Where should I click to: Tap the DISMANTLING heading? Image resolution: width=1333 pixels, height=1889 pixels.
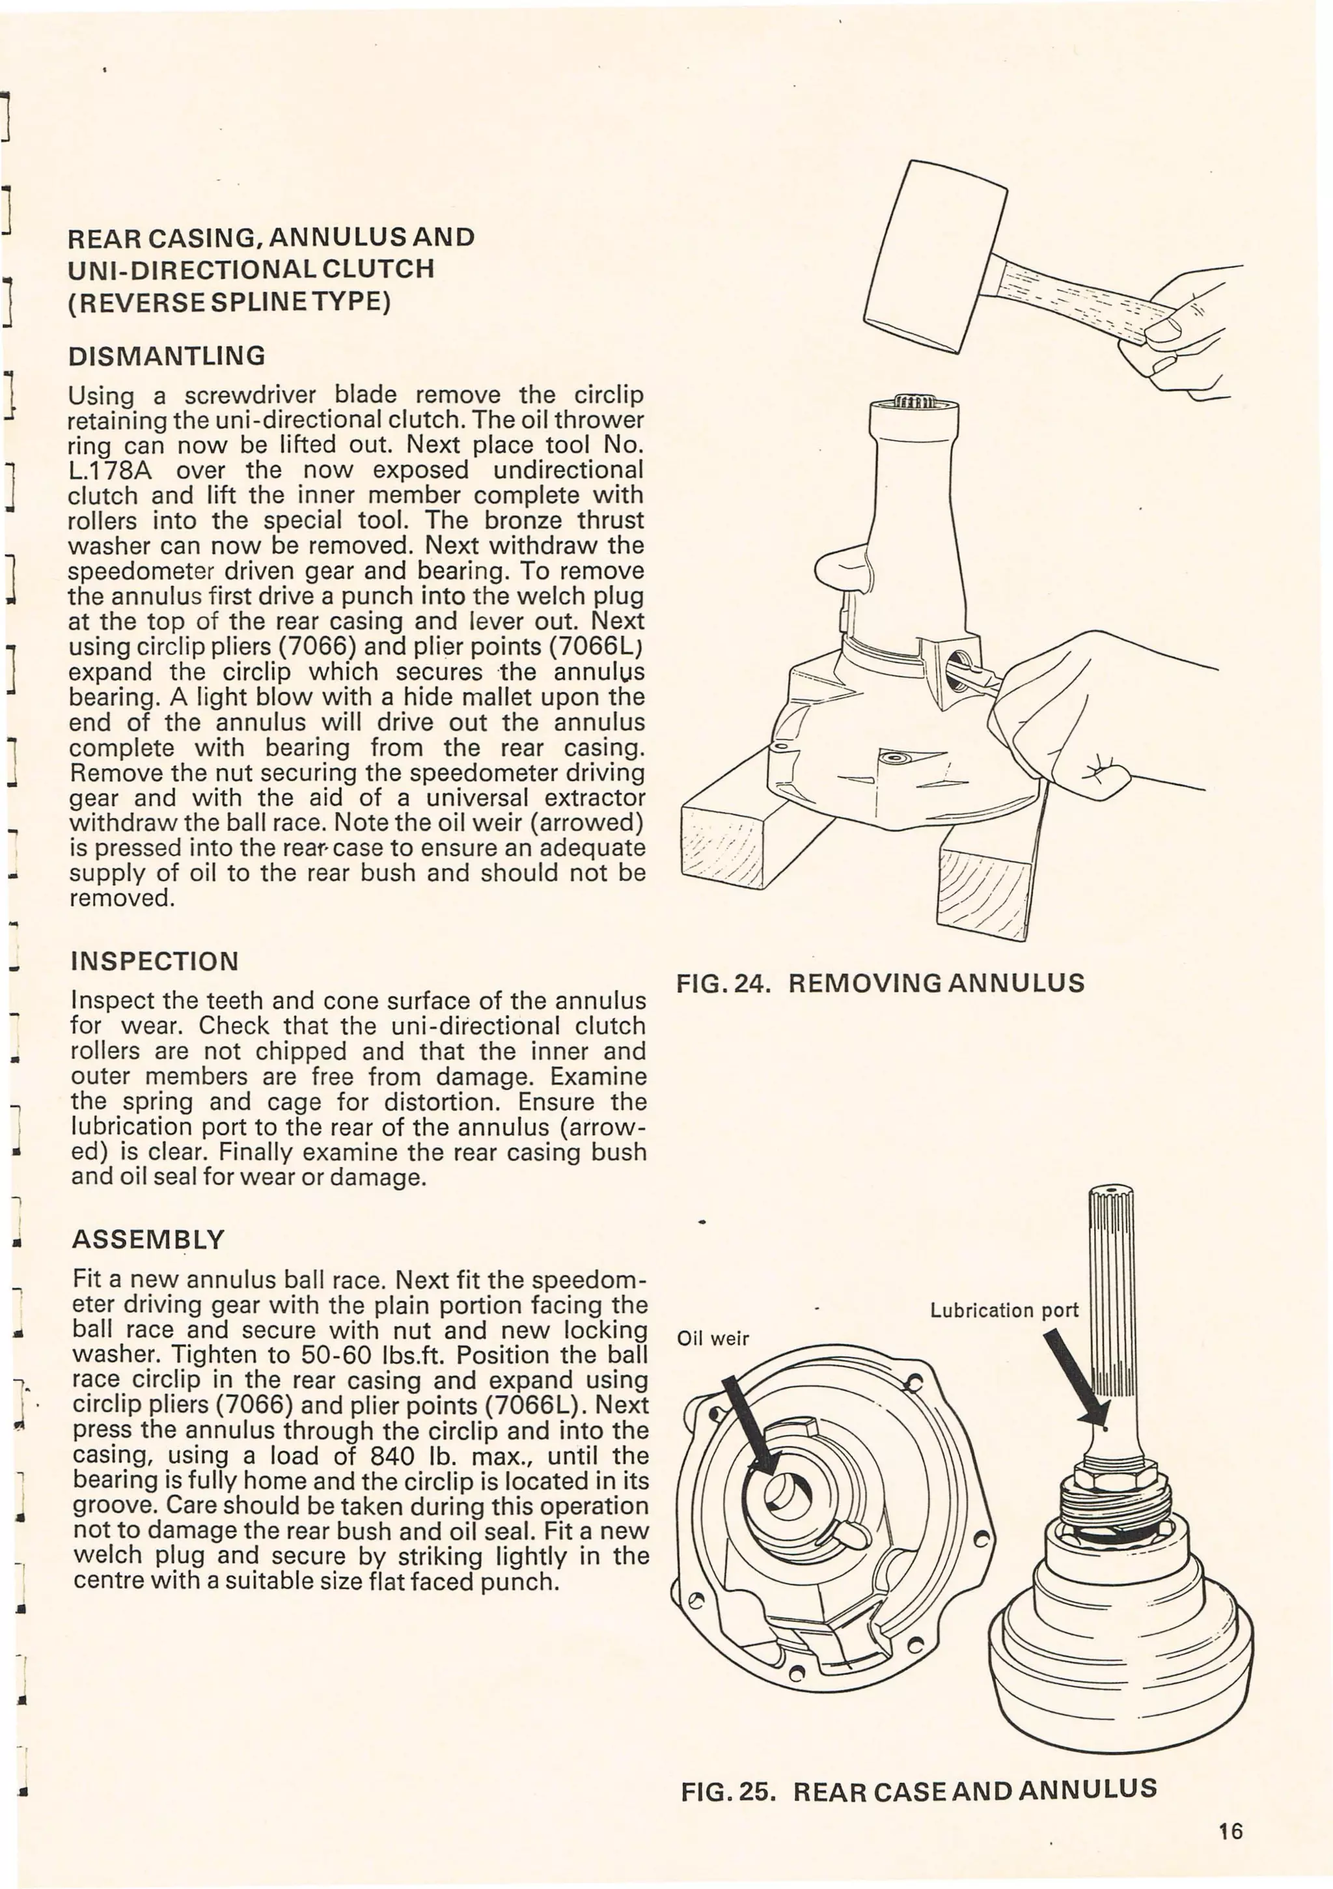[167, 356]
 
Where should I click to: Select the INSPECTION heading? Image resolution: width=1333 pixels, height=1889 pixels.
[155, 961]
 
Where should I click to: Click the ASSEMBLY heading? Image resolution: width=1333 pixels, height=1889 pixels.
[148, 1239]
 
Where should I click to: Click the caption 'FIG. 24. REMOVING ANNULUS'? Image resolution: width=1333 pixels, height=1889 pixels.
[880, 983]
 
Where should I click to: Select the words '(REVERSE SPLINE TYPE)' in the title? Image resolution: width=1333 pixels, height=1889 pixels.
[229, 302]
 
